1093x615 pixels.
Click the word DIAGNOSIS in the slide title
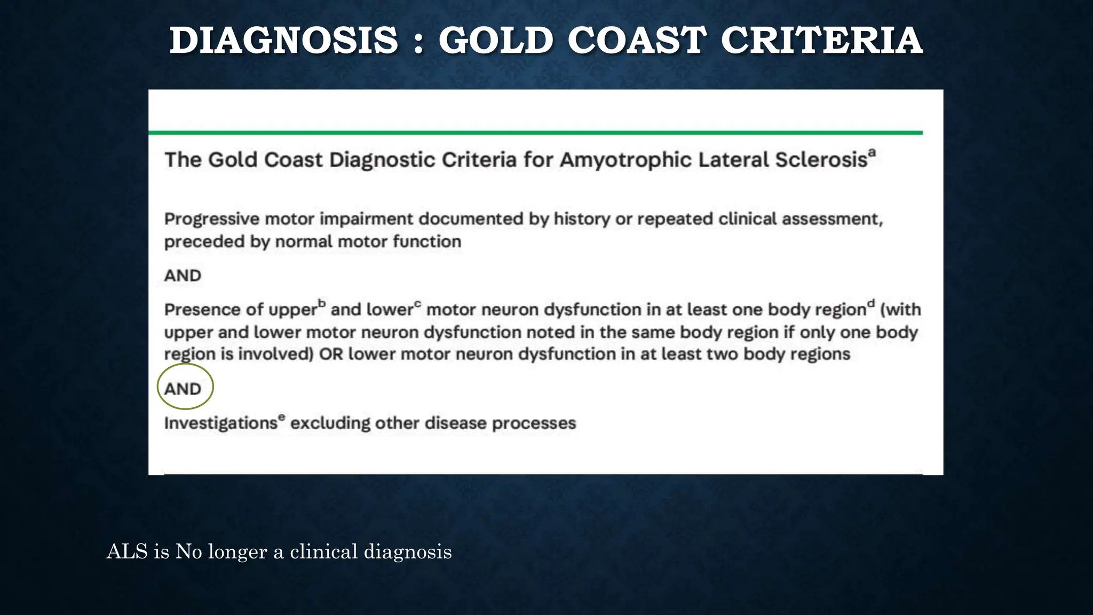click(x=283, y=41)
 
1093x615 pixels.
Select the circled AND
click(x=183, y=389)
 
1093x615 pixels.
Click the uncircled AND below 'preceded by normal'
click(x=183, y=275)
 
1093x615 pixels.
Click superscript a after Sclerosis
click(x=872, y=153)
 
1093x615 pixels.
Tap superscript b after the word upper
click(x=322, y=303)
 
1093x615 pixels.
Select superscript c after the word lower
click(x=417, y=304)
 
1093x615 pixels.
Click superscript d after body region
click(x=871, y=303)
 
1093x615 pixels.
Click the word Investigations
click(x=220, y=423)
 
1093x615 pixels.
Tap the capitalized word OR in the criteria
click(x=330, y=354)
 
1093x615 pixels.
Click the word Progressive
click(x=211, y=219)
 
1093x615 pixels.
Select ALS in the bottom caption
click(x=127, y=552)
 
